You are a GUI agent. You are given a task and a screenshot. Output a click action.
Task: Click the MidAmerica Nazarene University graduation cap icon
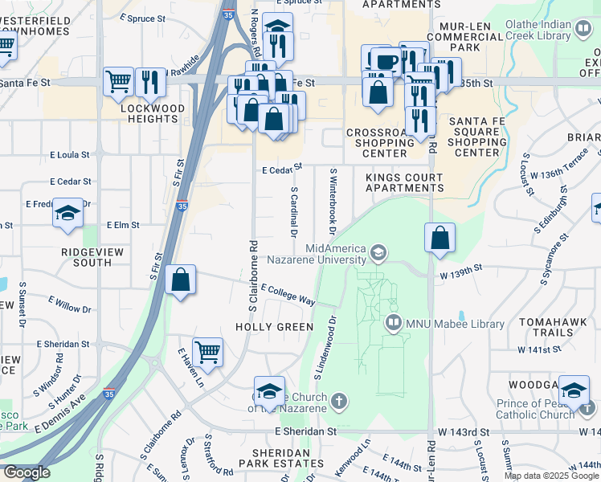click(377, 255)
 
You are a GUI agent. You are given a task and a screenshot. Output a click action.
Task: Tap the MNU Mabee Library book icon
click(394, 325)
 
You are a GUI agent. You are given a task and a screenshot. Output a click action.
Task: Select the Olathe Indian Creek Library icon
click(584, 30)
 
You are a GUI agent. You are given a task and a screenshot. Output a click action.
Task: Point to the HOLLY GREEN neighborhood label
click(274, 327)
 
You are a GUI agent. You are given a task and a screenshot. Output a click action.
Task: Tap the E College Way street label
click(287, 295)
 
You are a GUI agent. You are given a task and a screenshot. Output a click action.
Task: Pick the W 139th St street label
click(460, 275)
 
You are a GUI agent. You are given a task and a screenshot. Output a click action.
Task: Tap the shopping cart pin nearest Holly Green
click(208, 351)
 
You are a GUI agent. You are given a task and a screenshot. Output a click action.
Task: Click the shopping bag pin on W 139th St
click(440, 238)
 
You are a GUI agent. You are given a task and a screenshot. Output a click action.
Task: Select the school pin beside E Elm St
click(68, 213)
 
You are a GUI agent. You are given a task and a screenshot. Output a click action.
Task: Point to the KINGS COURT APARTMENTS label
click(403, 182)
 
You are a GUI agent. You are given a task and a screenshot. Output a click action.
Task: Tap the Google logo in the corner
click(27, 472)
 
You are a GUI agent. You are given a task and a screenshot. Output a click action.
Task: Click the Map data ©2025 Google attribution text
click(552, 476)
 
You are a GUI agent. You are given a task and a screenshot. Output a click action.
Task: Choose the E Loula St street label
click(69, 153)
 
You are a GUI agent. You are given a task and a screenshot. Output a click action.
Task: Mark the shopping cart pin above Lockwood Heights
click(118, 80)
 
